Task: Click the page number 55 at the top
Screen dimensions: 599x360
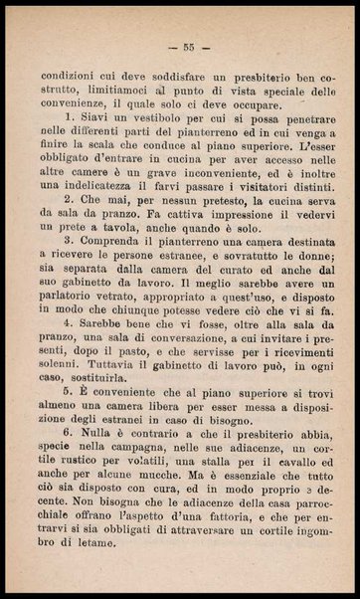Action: tap(186, 46)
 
